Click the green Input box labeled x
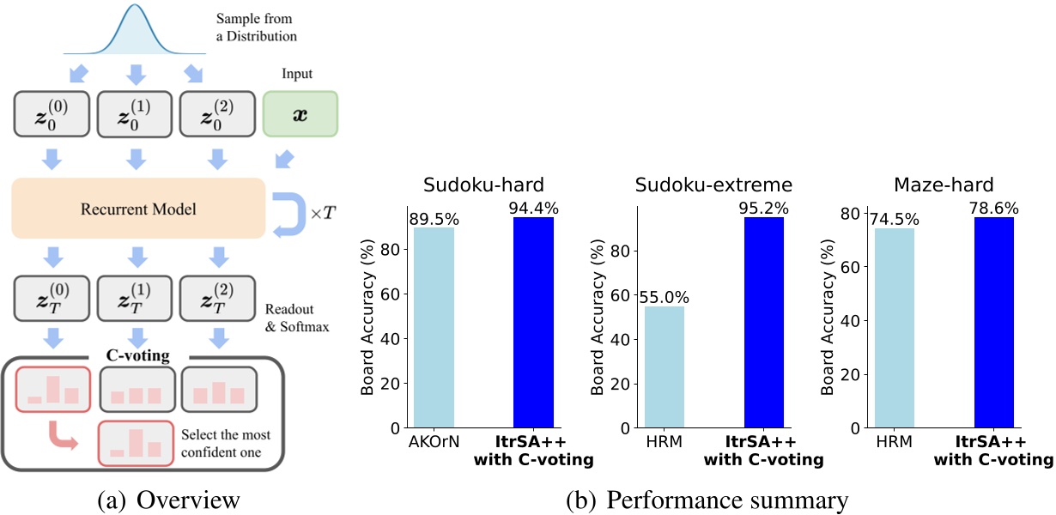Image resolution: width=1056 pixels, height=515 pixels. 300,114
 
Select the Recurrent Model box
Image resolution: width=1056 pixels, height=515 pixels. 137,208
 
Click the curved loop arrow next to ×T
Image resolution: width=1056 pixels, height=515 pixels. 288,212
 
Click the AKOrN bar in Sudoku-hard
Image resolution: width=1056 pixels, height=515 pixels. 434,327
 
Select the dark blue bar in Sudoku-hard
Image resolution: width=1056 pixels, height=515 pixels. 533,322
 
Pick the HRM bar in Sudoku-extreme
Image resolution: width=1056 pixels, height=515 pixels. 664,367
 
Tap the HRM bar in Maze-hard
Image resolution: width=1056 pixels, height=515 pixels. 894,327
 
